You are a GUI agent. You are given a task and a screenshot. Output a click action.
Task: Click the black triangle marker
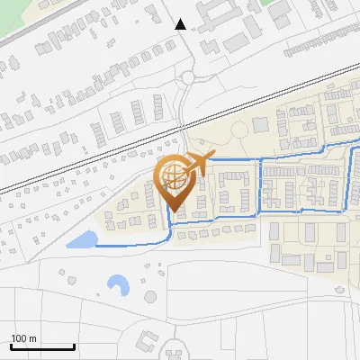click(181, 24)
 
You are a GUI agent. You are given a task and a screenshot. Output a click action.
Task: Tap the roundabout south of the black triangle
click(187, 79)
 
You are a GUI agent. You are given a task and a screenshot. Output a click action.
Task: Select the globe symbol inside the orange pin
click(174, 180)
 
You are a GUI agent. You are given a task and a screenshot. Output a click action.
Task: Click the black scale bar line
click(42, 346)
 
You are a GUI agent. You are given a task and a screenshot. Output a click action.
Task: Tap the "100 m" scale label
click(23, 338)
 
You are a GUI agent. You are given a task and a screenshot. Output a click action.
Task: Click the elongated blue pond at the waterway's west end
click(83, 239)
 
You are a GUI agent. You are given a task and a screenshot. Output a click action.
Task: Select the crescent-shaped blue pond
click(117, 286)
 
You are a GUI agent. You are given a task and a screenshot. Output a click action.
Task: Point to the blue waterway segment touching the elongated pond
click(126, 244)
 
